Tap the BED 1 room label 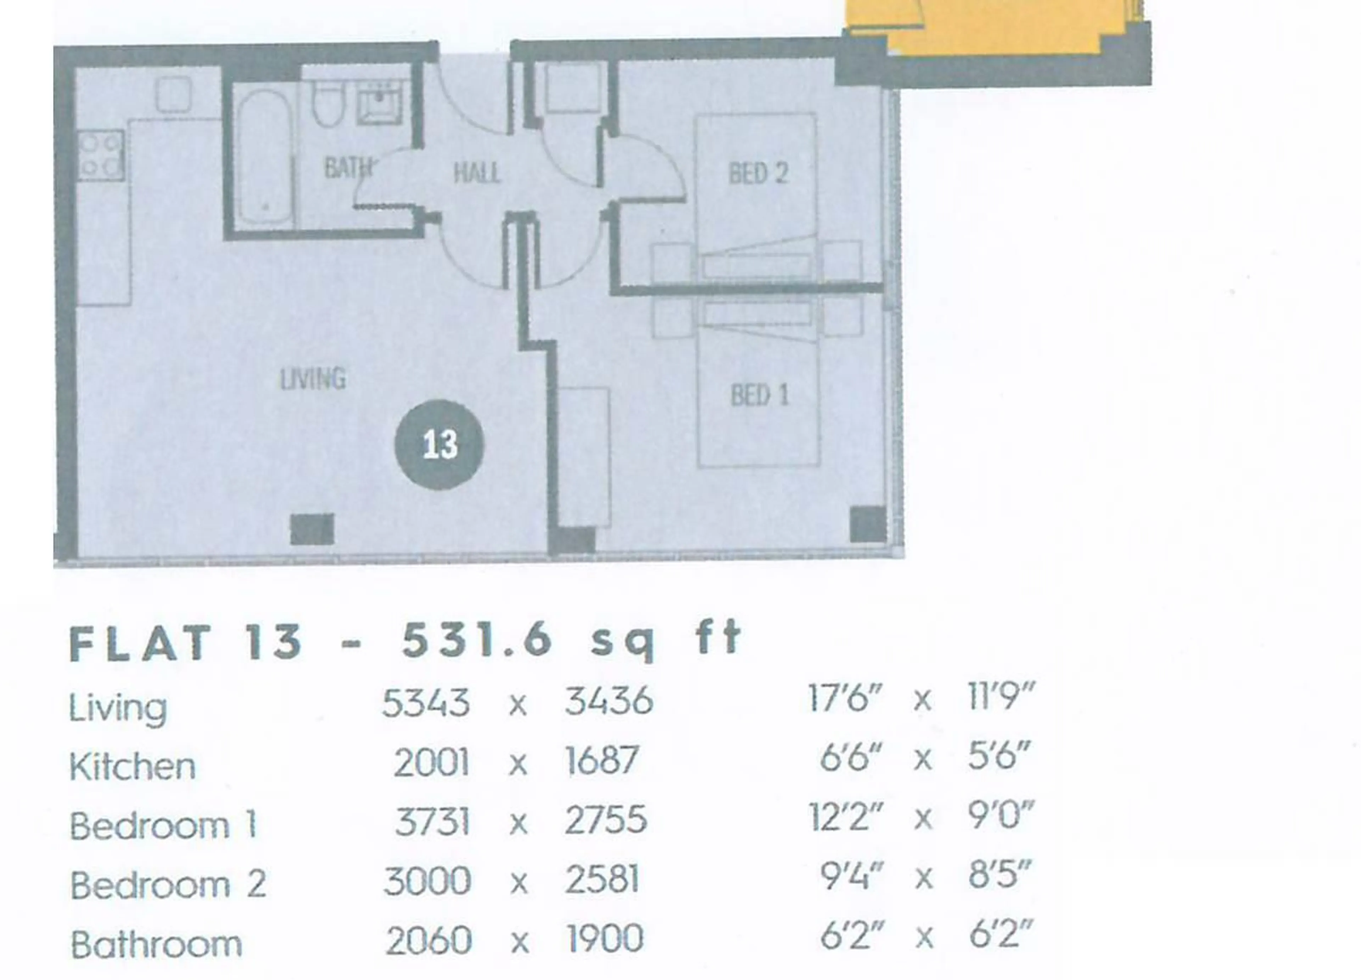click(760, 395)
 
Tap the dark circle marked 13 click(439, 445)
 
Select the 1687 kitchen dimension click(601, 760)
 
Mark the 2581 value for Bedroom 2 click(601, 880)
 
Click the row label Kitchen click(133, 766)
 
